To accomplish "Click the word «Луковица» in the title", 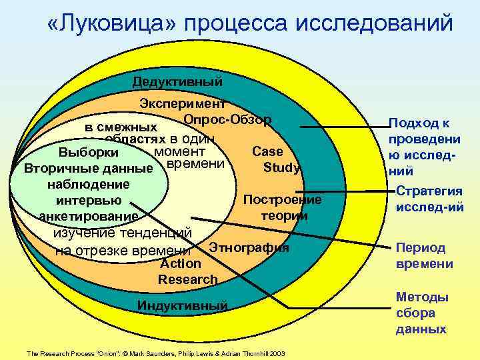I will (x=111, y=23).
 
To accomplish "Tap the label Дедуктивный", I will (x=177, y=82).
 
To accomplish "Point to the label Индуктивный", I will (x=182, y=306).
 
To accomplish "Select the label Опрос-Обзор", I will (x=227, y=119).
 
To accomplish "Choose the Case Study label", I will (x=273, y=159).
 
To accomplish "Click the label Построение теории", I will (x=283, y=207).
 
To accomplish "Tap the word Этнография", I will (x=249, y=247).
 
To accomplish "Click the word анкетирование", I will (x=89, y=216).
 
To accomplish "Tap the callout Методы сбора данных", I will (x=422, y=313).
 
